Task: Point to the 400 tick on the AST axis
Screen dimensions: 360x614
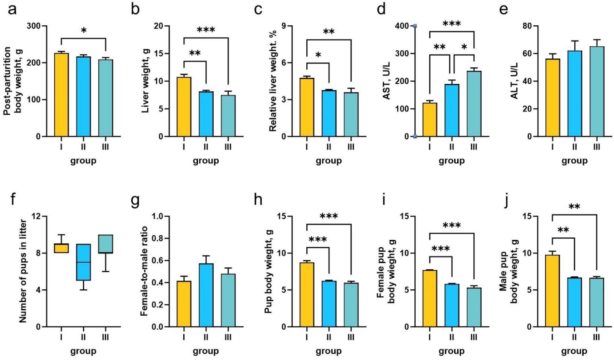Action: [405, 26]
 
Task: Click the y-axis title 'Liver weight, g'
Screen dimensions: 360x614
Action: [145, 81]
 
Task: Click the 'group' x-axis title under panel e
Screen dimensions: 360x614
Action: [574, 160]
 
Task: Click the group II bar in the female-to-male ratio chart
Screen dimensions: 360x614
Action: [206, 295]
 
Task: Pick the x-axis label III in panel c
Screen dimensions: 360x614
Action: [351, 147]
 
